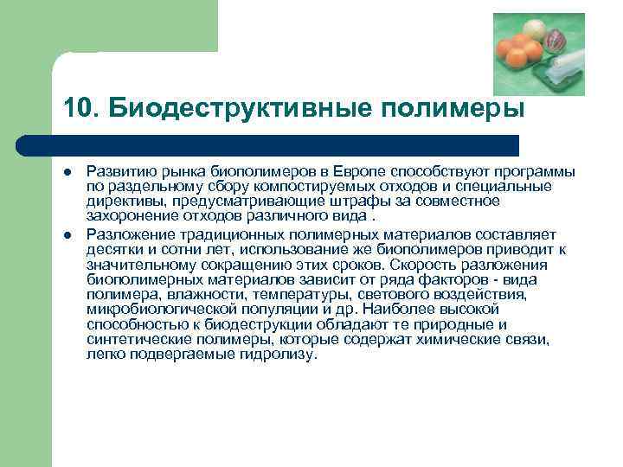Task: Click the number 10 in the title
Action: (74, 108)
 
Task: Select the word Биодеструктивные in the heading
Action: (228, 108)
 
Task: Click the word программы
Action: (537, 173)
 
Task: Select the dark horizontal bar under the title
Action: (267, 144)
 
